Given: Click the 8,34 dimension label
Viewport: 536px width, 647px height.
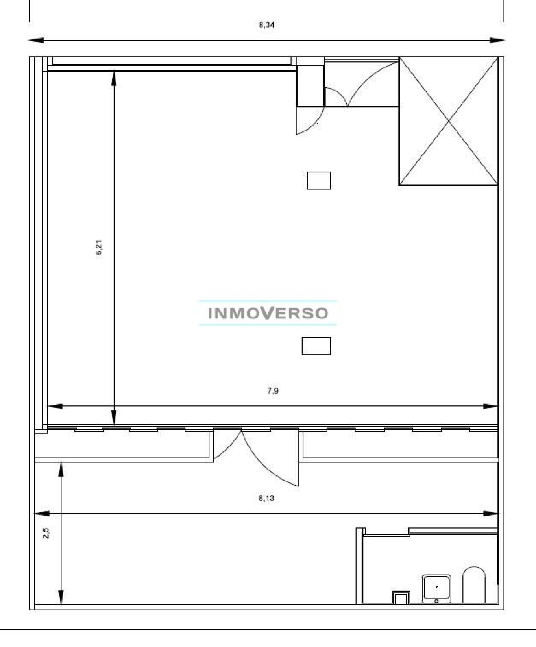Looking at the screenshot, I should [267, 25].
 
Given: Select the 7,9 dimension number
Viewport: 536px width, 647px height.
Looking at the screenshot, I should [273, 391].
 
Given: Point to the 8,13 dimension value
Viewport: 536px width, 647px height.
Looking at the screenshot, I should [266, 498].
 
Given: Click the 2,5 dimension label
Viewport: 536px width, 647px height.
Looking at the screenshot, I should [46, 533].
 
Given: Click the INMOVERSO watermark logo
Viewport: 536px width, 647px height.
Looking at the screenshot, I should [268, 313].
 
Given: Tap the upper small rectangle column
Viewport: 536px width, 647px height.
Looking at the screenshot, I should [319, 180].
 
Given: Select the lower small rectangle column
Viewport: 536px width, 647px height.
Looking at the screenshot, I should [316, 346].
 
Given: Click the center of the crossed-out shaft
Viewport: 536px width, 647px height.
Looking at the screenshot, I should [448, 121].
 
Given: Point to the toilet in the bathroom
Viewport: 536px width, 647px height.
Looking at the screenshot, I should [474, 585].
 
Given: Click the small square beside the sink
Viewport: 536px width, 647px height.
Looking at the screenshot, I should [401, 598].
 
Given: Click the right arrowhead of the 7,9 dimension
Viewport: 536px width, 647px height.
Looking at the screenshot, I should [490, 406].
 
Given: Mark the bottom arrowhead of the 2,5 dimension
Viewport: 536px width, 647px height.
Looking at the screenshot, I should [61, 597].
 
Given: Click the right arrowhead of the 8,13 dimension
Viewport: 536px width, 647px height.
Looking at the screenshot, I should [490, 514].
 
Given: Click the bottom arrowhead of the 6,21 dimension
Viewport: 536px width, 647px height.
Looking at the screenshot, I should [114, 418].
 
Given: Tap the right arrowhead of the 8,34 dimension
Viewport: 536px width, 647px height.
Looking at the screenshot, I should [497, 40].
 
